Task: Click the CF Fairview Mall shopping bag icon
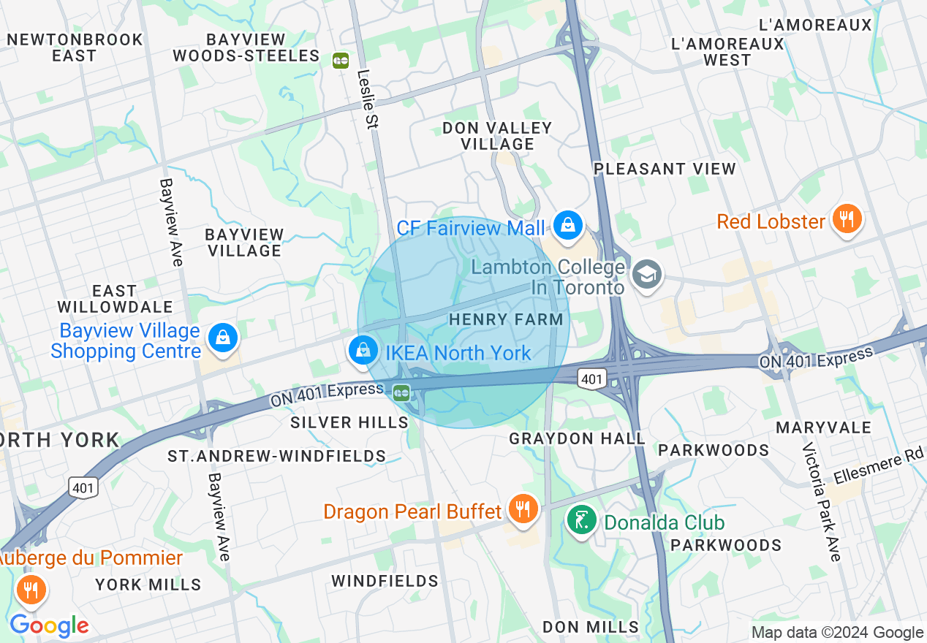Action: (567, 224)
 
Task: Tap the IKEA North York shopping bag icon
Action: (363, 349)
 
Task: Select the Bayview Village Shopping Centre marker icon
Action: (221, 338)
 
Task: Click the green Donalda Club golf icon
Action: (581, 520)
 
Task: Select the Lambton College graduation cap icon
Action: (647, 275)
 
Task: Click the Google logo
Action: (49, 625)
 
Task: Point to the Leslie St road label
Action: (367, 99)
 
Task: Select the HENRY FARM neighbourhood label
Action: (506, 319)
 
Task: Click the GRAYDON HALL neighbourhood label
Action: (577, 438)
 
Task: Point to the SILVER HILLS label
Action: (349, 422)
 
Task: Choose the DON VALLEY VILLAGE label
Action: (497, 136)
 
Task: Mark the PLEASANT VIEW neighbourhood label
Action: (665, 169)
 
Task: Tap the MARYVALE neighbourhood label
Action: (823, 427)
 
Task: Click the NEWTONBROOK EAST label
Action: (75, 47)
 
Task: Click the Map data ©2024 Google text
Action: (837, 633)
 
